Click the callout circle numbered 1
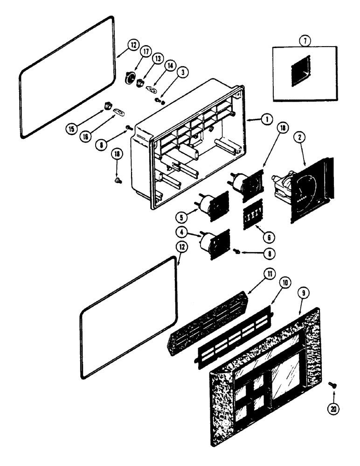pyautogui.click(x=266, y=119)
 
